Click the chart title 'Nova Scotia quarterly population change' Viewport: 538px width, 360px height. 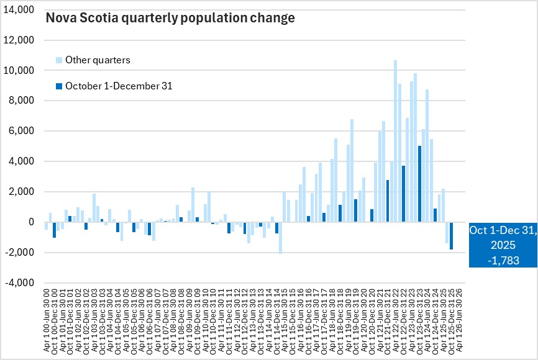pyautogui.click(x=170, y=18)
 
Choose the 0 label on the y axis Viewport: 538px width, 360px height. pyautogui.click(x=30, y=222)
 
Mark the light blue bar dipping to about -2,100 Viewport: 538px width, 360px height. pyautogui.click(x=281, y=238)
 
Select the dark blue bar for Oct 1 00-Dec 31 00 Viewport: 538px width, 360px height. pyautogui.click(x=55, y=230)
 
